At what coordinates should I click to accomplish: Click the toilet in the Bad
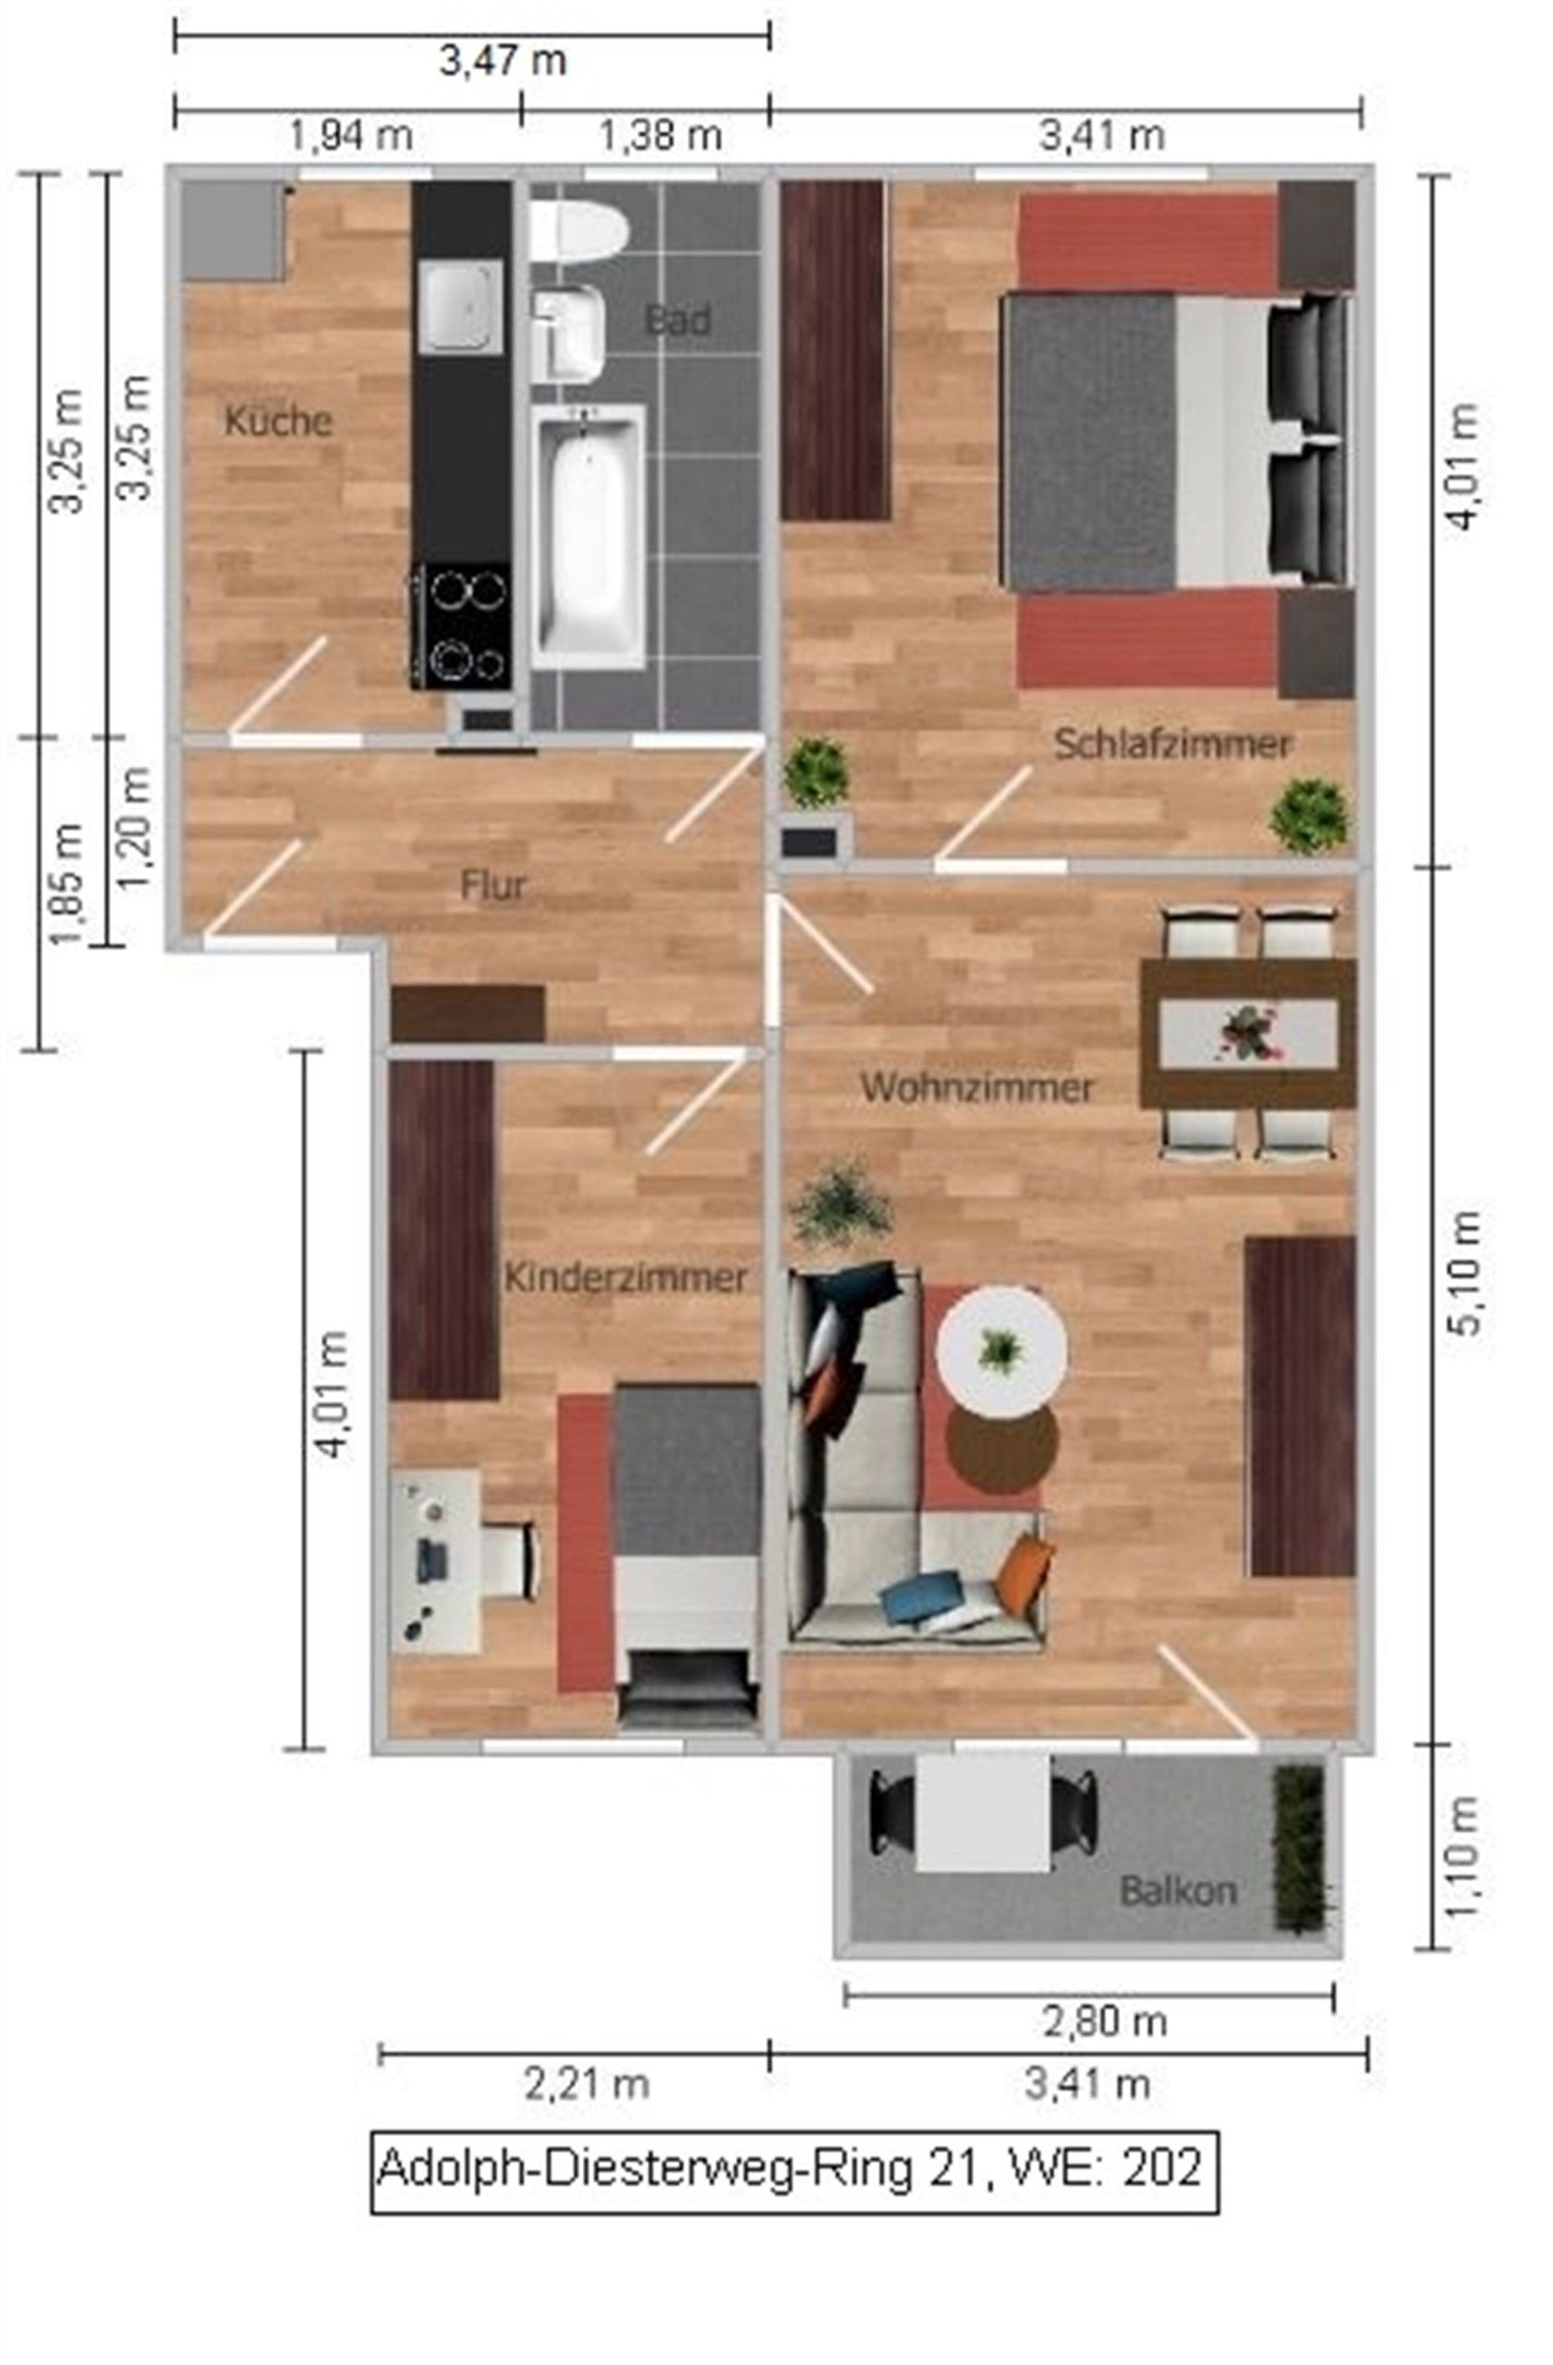[578, 232]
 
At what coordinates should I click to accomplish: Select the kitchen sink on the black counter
[459, 306]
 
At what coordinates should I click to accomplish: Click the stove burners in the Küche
[463, 625]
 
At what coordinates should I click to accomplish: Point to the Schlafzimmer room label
[1171, 745]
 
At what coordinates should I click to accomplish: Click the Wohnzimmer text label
[977, 1087]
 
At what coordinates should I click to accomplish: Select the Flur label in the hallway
[492, 885]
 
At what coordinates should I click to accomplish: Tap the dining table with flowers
[1248, 1033]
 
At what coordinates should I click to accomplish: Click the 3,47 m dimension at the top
[503, 62]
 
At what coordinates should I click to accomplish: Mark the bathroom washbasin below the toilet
[569, 332]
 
